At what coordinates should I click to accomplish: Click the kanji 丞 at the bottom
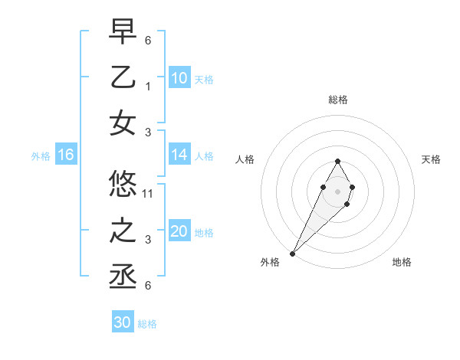click(x=123, y=277)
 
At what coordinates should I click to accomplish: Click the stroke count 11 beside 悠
click(x=149, y=193)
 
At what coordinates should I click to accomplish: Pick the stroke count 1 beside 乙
click(x=149, y=86)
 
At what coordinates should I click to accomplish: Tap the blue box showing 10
click(x=179, y=78)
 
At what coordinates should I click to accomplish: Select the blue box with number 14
click(x=179, y=155)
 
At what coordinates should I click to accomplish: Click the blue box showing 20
click(x=179, y=232)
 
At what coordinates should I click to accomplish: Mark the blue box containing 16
click(x=66, y=155)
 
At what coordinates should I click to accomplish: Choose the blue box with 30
click(x=122, y=322)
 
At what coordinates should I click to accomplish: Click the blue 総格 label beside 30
click(x=147, y=324)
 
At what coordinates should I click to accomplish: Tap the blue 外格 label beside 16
click(x=41, y=156)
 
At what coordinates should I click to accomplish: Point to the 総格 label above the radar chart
click(x=337, y=100)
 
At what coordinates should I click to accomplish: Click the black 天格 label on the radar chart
click(x=432, y=159)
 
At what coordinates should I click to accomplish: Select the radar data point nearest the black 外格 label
click(x=293, y=253)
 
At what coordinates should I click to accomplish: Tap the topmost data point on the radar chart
click(x=337, y=161)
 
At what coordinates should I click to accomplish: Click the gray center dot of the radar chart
click(x=337, y=191)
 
